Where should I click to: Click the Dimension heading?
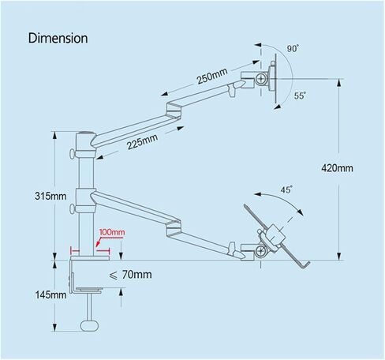point(58,39)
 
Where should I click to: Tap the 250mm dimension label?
point(212,76)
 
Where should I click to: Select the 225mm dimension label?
point(142,141)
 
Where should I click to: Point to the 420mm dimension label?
point(337,168)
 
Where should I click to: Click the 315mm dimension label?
point(50,196)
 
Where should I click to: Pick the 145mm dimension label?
point(50,294)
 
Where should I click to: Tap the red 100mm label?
point(112,232)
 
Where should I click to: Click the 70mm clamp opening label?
point(130,275)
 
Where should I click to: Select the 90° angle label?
point(293,49)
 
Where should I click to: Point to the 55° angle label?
point(300,96)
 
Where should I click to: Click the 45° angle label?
point(286,189)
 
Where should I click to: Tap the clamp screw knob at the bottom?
point(90,325)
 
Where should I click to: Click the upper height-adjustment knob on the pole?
point(72,154)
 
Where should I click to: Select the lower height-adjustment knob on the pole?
point(73,209)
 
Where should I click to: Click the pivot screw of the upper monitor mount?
point(261,78)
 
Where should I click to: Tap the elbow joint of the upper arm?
point(174,111)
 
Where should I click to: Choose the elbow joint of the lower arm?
point(174,227)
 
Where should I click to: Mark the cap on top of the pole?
point(85,133)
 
